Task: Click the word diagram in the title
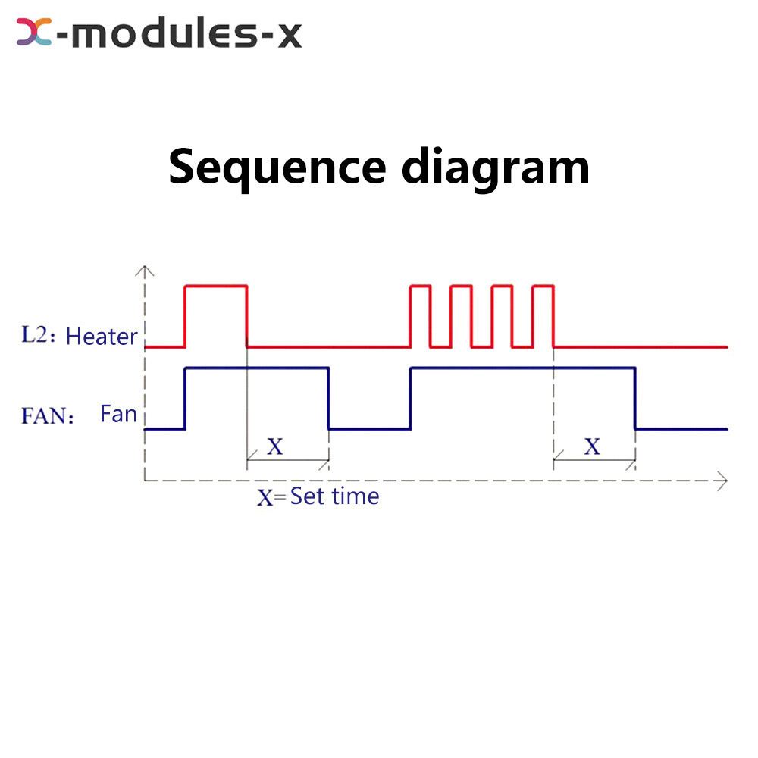[x=496, y=168]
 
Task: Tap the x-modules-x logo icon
[x=34, y=33]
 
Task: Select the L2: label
[x=37, y=336]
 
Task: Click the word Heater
[x=102, y=337]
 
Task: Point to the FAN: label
[x=48, y=415]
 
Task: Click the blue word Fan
[x=118, y=414]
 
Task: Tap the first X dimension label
[x=274, y=446]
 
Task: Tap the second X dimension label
[x=592, y=446]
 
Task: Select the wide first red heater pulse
[x=216, y=287]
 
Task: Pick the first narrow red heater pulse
[x=420, y=287]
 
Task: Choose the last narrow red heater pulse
[x=543, y=287]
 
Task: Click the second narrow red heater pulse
[x=461, y=287]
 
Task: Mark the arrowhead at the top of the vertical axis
[x=144, y=270]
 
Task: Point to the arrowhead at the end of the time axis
[x=722, y=480]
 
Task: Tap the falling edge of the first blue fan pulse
[x=328, y=398]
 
